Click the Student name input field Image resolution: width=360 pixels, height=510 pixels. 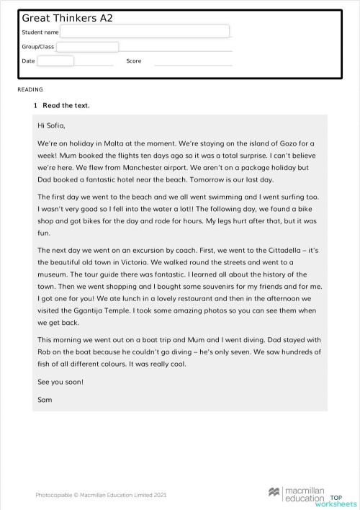pyautogui.click(x=145, y=32)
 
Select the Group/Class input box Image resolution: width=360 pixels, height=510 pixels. pyautogui.click(x=87, y=47)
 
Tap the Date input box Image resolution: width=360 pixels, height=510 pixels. pyautogui.click(x=55, y=61)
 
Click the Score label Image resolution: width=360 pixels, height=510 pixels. pyautogui.click(x=134, y=61)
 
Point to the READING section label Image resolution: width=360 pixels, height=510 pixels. pyautogui.click(x=30, y=90)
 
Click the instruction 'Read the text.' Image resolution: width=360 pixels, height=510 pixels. pyautogui.click(x=66, y=106)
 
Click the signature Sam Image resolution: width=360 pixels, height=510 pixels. pyautogui.click(x=44, y=398)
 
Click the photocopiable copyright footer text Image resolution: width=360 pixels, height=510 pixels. pyautogui.click(x=101, y=495)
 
